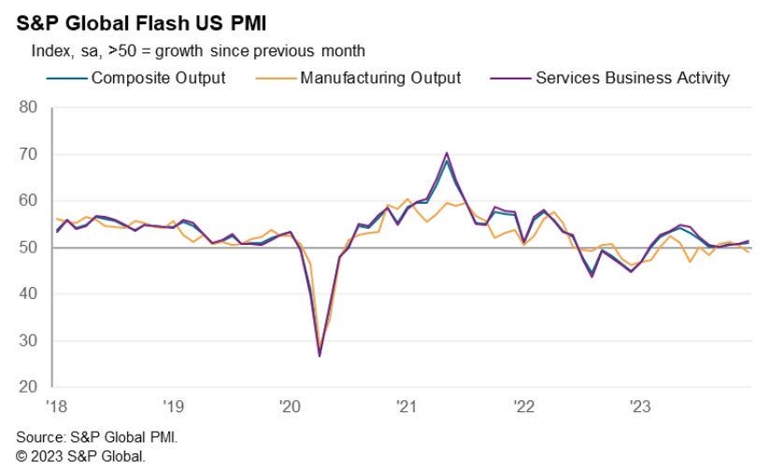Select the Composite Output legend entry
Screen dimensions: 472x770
coord(158,78)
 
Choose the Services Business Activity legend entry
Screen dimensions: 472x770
coord(632,78)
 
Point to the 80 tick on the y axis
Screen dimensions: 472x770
coord(28,107)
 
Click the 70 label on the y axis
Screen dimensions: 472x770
coord(28,154)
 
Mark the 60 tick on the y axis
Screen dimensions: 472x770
coord(28,201)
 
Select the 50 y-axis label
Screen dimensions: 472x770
coord(28,248)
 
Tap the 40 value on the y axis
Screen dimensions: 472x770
coord(28,294)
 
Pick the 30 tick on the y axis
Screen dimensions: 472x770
coord(28,341)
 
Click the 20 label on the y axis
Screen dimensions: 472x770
coord(28,387)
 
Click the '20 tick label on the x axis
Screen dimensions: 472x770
coord(289,407)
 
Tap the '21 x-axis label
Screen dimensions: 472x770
coord(406,407)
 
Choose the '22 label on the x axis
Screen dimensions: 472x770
coord(523,407)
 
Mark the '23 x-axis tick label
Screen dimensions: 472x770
coord(640,407)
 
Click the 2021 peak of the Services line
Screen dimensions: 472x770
coord(447,152)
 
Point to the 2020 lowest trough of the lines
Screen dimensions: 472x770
coord(320,356)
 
